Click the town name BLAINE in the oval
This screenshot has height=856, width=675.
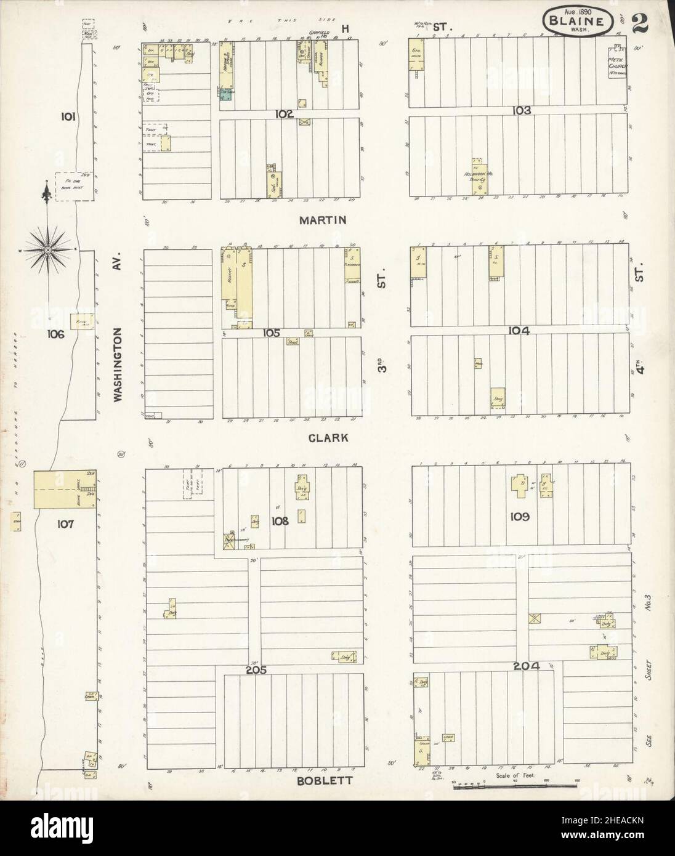[x=578, y=20]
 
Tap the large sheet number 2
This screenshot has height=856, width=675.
[x=640, y=22]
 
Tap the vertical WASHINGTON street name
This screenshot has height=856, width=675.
[x=118, y=365]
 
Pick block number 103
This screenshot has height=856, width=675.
[x=521, y=111]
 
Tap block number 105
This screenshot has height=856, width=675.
[x=272, y=333]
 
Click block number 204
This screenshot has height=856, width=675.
[x=525, y=666]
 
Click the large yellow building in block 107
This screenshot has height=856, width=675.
[x=64, y=490]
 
